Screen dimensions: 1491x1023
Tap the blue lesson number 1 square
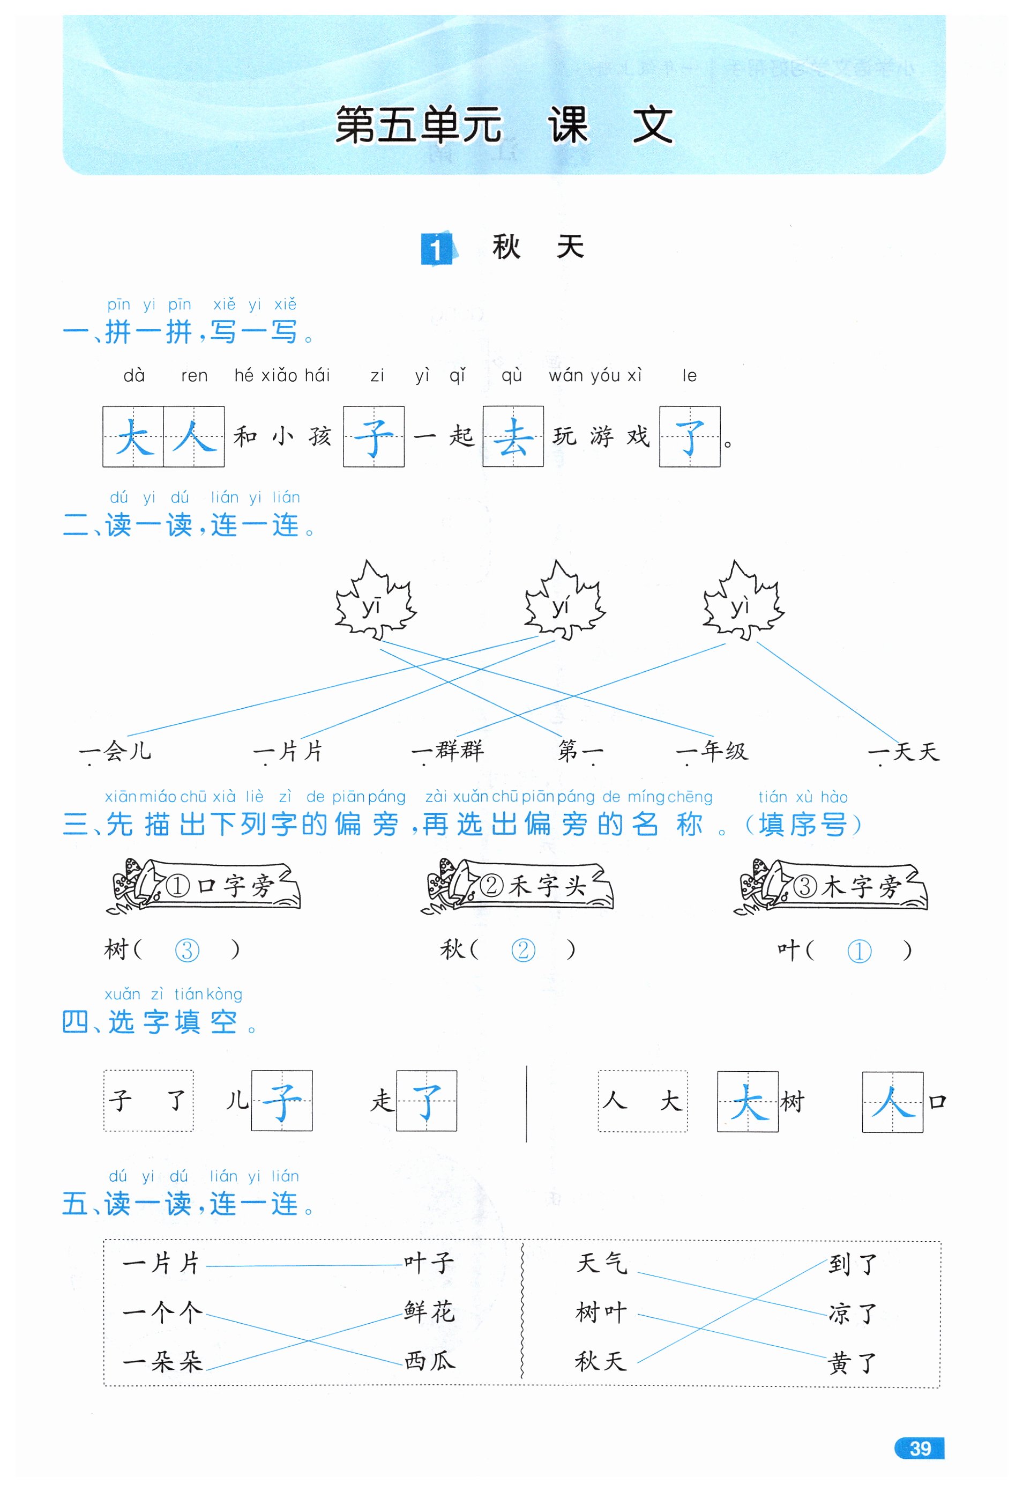click(x=436, y=249)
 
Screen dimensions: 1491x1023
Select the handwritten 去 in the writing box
click(x=512, y=437)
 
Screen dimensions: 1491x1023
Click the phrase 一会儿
click(x=115, y=751)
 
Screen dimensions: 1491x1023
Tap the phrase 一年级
click(x=713, y=751)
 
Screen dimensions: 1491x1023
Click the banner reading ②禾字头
click(x=518, y=885)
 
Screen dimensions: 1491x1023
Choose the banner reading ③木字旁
click(x=832, y=885)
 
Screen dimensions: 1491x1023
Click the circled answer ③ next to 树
click(x=186, y=950)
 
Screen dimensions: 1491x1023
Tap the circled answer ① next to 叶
click(x=859, y=951)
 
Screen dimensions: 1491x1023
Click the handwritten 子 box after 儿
click(x=281, y=1101)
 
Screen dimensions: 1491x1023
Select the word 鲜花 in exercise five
click(x=430, y=1311)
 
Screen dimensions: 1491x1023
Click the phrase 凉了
click(x=852, y=1314)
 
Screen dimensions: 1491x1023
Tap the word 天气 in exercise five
click(x=601, y=1263)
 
